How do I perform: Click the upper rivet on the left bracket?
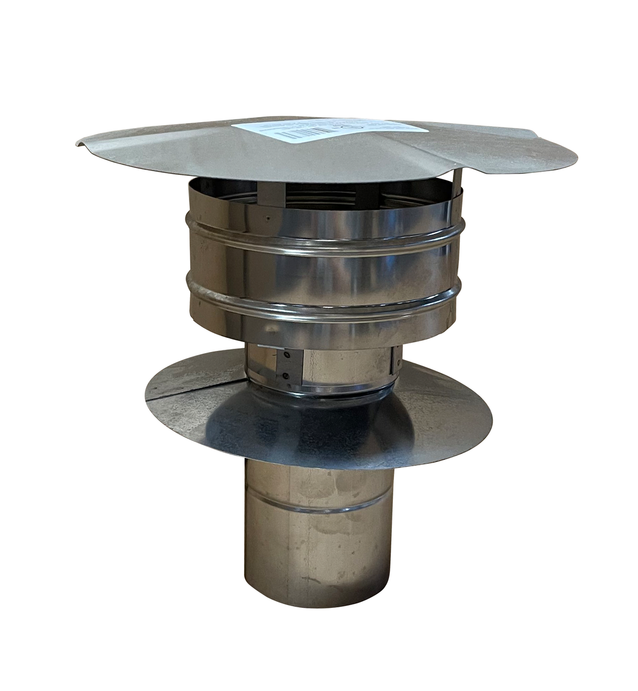[x=287, y=355]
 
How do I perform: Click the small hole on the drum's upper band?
[x=268, y=219]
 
